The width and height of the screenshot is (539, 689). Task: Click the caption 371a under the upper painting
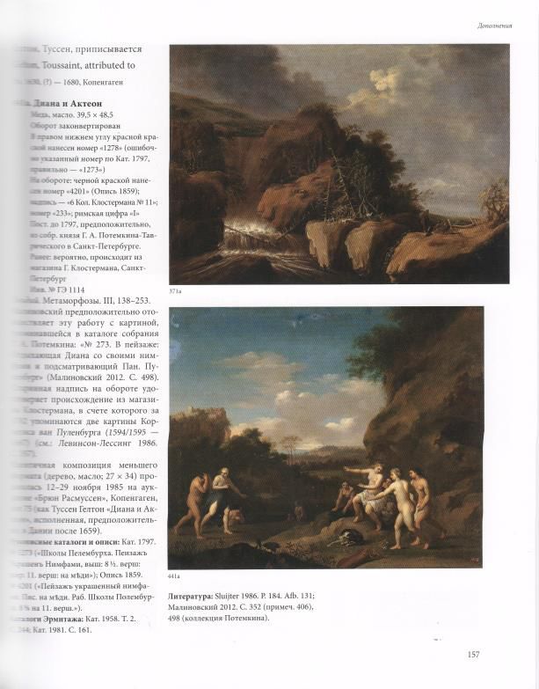[x=176, y=290]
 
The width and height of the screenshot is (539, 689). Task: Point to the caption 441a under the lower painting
[x=177, y=575]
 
